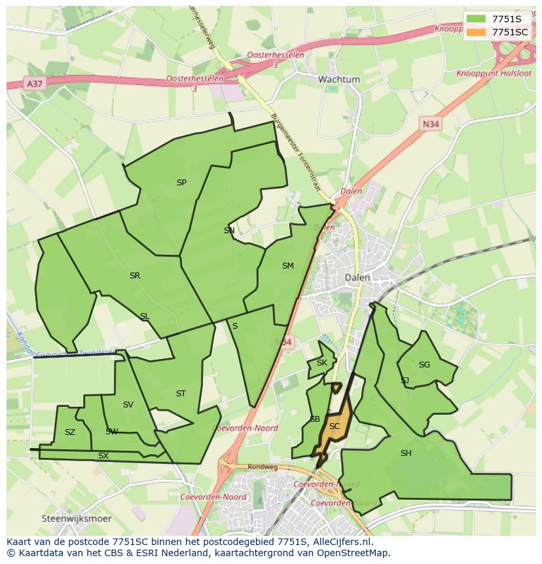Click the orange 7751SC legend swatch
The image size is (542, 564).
click(x=476, y=32)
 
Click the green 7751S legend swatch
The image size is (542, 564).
click(x=476, y=19)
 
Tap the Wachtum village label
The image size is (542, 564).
click(x=339, y=79)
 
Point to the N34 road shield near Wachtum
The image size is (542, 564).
click(x=430, y=123)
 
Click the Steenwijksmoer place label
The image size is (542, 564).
click(x=76, y=518)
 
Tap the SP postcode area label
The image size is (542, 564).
click(x=181, y=183)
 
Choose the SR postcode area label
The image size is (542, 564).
click(x=135, y=276)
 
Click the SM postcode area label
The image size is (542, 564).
click(x=288, y=266)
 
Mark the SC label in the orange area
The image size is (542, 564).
click(x=334, y=426)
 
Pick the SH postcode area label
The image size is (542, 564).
click(x=406, y=453)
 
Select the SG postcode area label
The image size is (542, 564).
click(x=424, y=365)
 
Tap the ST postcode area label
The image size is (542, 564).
click(x=181, y=394)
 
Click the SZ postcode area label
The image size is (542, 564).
click(x=70, y=432)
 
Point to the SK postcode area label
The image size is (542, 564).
click(x=321, y=363)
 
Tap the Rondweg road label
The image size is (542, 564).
click(x=264, y=468)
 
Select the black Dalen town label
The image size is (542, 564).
click(x=357, y=278)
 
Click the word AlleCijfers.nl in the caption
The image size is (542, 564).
click(x=342, y=542)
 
